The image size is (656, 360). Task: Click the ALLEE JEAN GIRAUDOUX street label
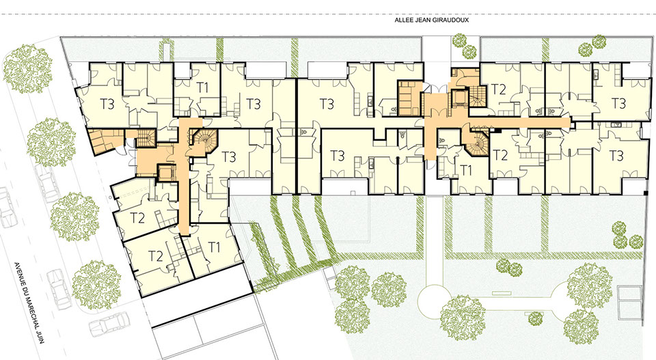[432, 20]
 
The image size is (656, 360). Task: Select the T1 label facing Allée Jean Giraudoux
[202, 88]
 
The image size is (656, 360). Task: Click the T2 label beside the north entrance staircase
[499, 89]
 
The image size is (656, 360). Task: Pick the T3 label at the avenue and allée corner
[107, 104]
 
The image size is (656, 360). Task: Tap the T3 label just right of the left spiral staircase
[229, 157]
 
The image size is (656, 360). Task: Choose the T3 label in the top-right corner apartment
[618, 103]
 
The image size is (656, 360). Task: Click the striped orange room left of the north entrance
[409, 98]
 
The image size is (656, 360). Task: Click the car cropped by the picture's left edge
[5, 208]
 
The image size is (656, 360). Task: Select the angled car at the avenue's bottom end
[109, 324]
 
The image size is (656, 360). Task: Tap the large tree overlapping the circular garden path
[463, 313]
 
